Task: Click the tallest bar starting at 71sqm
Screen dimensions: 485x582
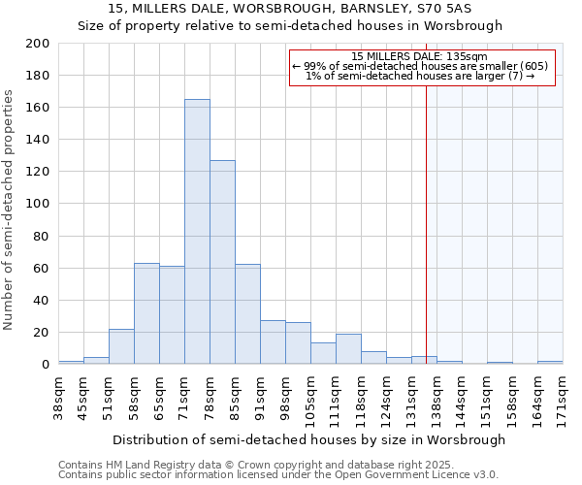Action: (x=197, y=232)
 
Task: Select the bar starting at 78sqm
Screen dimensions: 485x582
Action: (x=222, y=262)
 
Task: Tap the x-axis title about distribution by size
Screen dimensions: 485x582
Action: (x=308, y=439)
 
